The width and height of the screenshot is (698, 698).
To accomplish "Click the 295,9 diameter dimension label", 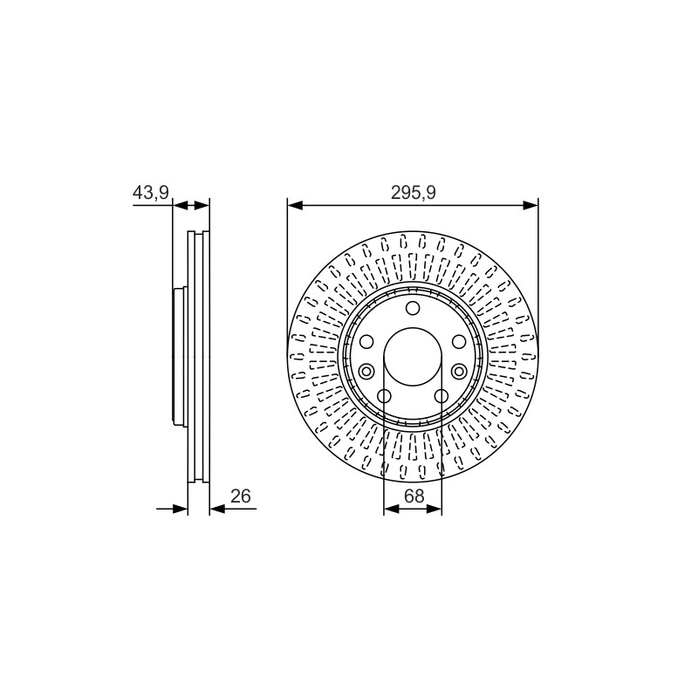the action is click(x=413, y=193).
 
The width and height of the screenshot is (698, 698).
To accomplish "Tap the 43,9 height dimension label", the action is click(x=150, y=193).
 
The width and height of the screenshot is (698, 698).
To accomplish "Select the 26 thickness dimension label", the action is click(x=241, y=496).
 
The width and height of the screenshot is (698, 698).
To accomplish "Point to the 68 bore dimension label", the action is click(x=414, y=496).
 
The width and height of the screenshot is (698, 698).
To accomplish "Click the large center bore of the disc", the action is click(x=413, y=357).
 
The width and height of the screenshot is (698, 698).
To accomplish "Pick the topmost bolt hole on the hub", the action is click(x=413, y=308).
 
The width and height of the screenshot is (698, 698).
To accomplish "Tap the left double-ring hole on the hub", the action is click(x=366, y=370).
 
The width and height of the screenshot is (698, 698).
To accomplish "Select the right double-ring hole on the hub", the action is click(x=460, y=370).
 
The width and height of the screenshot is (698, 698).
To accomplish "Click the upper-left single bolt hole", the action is click(x=366, y=342).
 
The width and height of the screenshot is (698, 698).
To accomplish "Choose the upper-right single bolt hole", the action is click(x=460, y=342).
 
